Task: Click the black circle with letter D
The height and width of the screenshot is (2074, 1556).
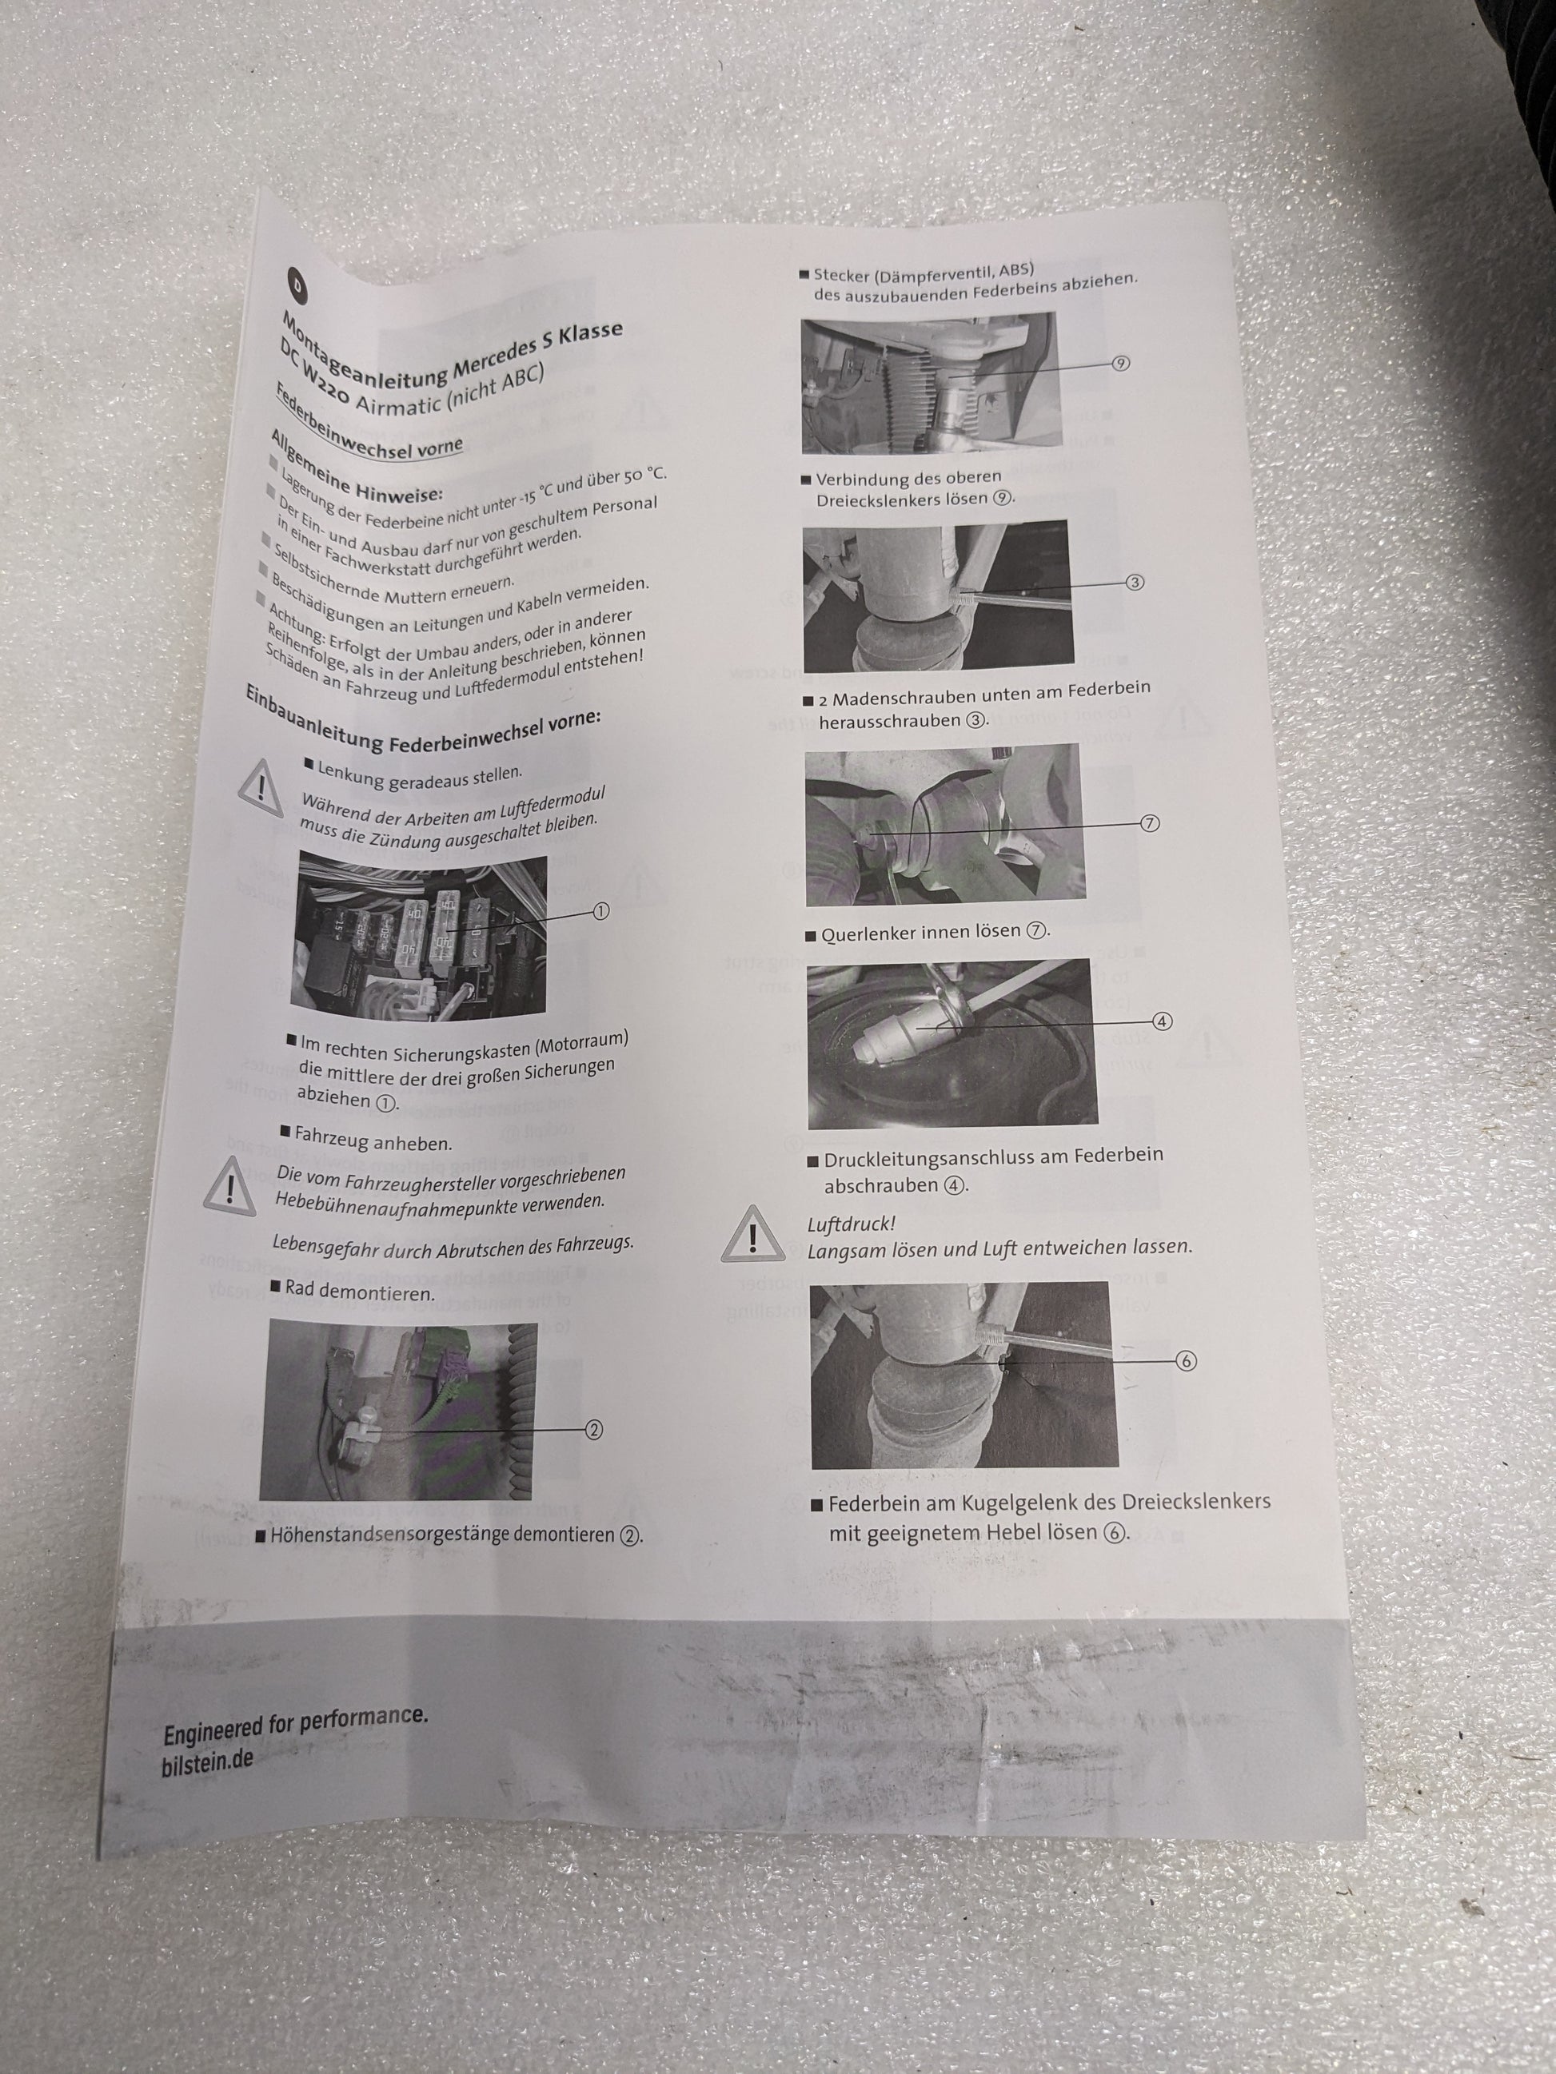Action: pyautogui.click(x=297, y=284)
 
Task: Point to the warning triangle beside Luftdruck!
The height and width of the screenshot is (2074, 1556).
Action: pyautogui.click(x=753, y=1233)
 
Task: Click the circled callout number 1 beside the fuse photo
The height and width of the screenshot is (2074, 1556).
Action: pyautogui.click(x=600, y=911)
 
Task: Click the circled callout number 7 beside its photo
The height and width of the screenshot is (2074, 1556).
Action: pyautogui.click(x=1150, y=823)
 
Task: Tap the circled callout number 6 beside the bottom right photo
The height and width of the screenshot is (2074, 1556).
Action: pyautogui.click(x=1186, y=1361)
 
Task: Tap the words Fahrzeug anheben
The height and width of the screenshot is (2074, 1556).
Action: pyautogui.click(x=373, y=1141)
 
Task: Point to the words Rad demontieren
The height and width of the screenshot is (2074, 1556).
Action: pyautogui.click(x=360, y=1291)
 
